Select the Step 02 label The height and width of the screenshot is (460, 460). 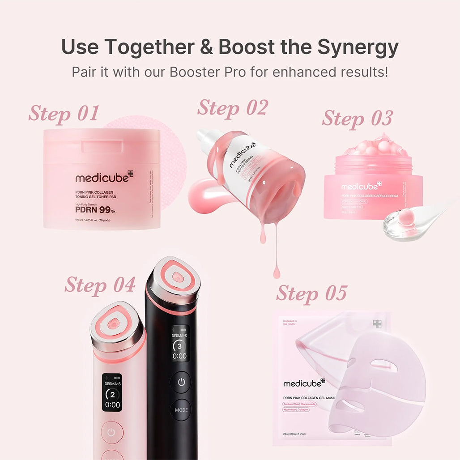tap(232, 108)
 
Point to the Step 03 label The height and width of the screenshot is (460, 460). tap(357, 118)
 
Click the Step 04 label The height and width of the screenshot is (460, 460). tap(100, 285)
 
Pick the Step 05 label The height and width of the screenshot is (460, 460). tap(311, 293)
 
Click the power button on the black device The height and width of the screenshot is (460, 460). tap(180, 383)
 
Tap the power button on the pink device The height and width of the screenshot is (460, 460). tap(111, 432)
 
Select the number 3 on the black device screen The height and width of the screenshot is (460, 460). tap(179, 346)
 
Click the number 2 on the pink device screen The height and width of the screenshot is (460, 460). tap(112, 394)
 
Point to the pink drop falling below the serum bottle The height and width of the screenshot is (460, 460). tap(277, 271)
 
